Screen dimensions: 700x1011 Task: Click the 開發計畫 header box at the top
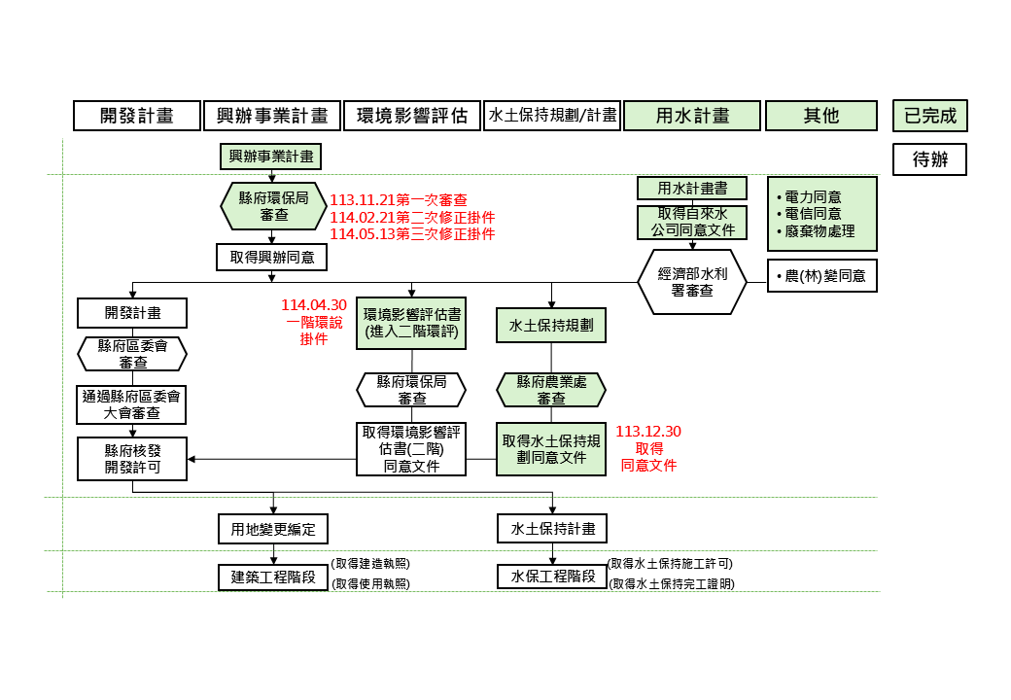pyautogui.click(x=137, y=116)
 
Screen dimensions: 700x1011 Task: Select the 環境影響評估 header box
pyautogui.click(x=412, y=116)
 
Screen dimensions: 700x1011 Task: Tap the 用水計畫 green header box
pyautogui.click(x=692, y=116)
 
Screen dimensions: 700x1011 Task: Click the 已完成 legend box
pyautogui.click(x=930, y=116)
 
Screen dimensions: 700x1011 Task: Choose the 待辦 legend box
pyautogui.click(x=930, y=159)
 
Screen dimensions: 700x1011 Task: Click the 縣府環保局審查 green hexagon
pyautogui.click(x=273, y=206)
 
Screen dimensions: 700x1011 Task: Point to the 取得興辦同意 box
pyautogui.click(x=272, y=257)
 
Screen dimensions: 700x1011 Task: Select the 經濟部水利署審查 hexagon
pyautogui.click(x=692, y=282)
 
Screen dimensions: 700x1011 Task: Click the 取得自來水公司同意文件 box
pyautogui.click(x=692, y=223)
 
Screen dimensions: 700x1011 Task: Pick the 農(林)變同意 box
pyautogui.click(x=822, y=276)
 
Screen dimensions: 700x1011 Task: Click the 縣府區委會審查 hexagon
pyautogui.click(x=132, y=354)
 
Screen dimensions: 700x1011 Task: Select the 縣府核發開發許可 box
pyautogui.click(x=132, y=458)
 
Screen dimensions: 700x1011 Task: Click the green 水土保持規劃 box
pyautogui.click(x=551, y=326)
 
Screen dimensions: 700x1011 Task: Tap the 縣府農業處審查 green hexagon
pyautogui.click(x=551, y=390)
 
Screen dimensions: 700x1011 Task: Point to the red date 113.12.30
pyautogui.click(x=648, y=431)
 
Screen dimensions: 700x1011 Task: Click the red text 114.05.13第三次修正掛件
pyautogui.click(x=412, y=234)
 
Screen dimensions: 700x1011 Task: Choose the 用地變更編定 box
pyautogui.click(x=273, y=529)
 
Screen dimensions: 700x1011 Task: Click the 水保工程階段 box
pyautogui.click(x=552, y=576)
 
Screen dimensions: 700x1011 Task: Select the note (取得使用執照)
pyautogui.click(x=371, y=583)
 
